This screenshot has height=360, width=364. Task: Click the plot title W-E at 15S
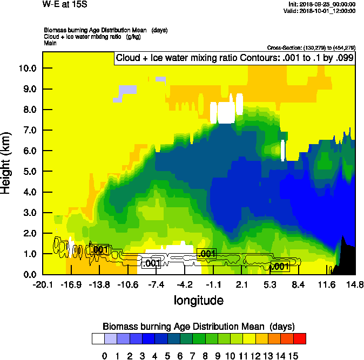tap(64, 5)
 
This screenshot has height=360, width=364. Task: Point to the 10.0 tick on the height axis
tap(28, 68)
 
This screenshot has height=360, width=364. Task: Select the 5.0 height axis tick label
tap(28, 172)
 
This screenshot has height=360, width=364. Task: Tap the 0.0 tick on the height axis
tap(28, 275)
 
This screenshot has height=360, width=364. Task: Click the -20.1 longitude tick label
tap(43, 284)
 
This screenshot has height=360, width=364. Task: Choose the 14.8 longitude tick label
tap(355, 284)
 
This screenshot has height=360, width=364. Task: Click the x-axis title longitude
tap(198, 300)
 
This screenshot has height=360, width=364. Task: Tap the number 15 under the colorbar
tap(293, 356)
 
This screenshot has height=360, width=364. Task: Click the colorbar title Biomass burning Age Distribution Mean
tap(199, 326)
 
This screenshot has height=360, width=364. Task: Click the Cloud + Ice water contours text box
tap(234, 58)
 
